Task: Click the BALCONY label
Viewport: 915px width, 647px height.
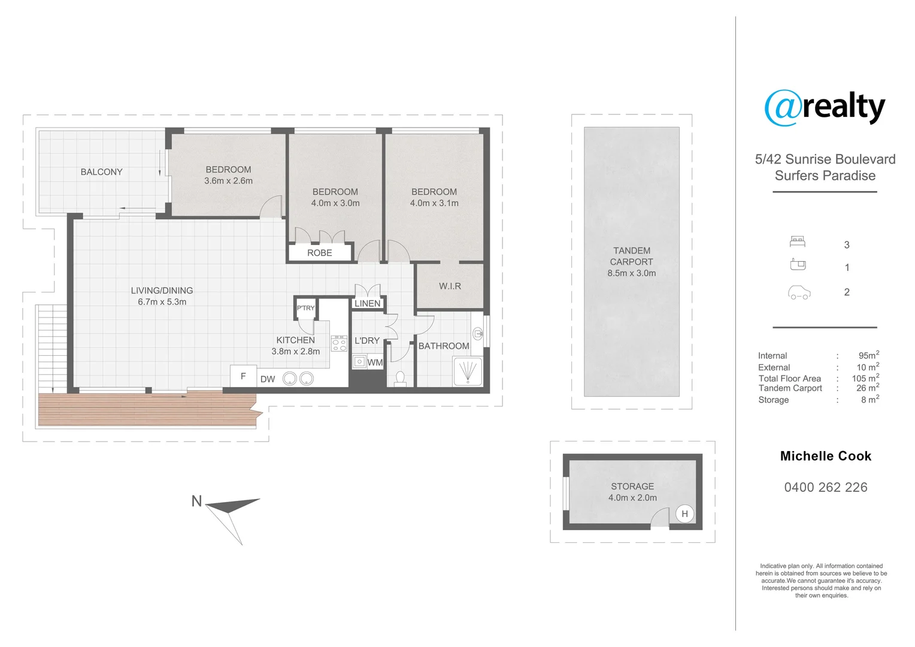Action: (x=101, y=172)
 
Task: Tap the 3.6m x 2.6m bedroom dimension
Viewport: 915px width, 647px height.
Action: (x=228, y=181)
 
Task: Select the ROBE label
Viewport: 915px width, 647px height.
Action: (x=319, y=253)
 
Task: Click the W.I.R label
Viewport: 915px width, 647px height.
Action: (x=450, y=286)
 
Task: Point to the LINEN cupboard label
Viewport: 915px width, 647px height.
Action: (x=367, y=304)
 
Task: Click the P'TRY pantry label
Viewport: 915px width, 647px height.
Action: (x=305, y=308)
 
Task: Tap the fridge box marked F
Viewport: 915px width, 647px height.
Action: (x=243, y=377)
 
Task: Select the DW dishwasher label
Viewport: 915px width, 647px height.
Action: (x=268, y=379)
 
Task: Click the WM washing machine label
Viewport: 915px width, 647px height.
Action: (x=375, y=362)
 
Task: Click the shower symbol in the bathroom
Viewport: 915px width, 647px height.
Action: (x=467, y=371)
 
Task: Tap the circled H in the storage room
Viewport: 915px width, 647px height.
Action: (x=684, y=514)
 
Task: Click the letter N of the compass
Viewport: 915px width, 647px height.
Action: (x=196, y=501)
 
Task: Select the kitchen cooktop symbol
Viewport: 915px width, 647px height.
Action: (x=339, y=343)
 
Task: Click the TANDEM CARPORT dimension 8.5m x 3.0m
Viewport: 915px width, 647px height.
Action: (x=631, y=273)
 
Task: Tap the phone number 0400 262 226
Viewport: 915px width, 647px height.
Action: (x=825, y=488)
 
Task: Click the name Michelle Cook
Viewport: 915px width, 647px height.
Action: (x=825, y=456)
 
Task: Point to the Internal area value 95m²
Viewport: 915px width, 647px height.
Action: (x=868, y=355)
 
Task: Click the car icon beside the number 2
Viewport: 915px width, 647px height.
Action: (x=799, y=293)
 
